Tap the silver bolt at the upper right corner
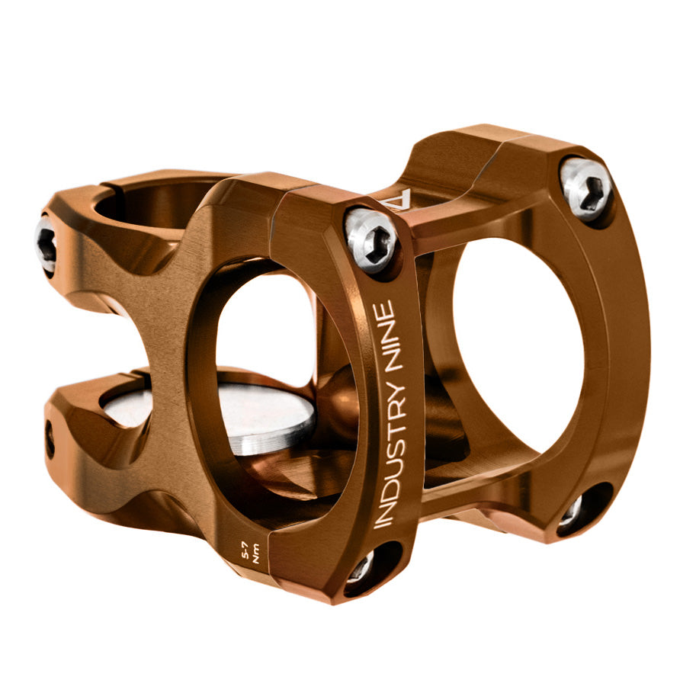586,188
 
